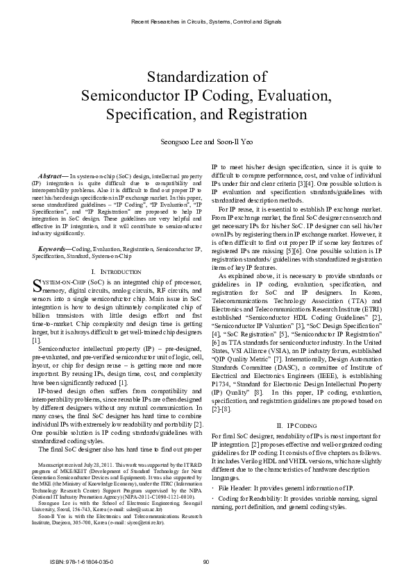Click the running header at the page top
click(x=206, y=22)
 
